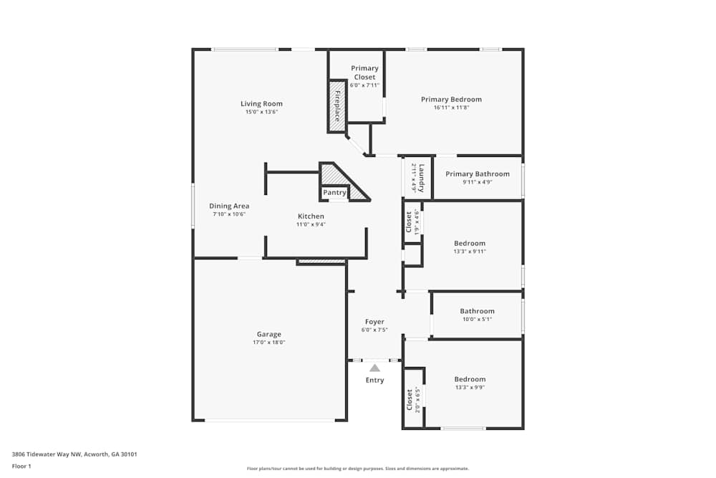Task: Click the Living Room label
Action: [x=261, y=104]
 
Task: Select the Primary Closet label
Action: [x=364, y=72]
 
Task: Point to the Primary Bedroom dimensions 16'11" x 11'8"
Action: [x=451, y=108]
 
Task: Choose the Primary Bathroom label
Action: [x=478, y=174]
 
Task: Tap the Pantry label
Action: [x=334, y=193]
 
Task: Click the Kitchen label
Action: [x=311, y=216]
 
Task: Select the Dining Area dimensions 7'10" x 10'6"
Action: [x=229, y=214]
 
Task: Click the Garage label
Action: [x=269, y=334]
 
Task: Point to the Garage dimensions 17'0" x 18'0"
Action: [x=269, y=343]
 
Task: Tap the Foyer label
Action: [x=374, y=322]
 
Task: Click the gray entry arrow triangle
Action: [x=374, y=368]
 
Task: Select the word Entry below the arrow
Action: [x=374, y=380]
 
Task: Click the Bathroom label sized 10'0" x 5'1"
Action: [x=478, y=311]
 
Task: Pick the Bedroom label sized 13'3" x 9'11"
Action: [x=470, y=243]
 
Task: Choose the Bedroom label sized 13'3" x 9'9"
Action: [x=470, y=379]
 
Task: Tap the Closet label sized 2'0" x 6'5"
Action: [x=410, y=399]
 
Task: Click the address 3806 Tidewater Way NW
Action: [x=47, y=454]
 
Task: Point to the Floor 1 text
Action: [x=21, y=466]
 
